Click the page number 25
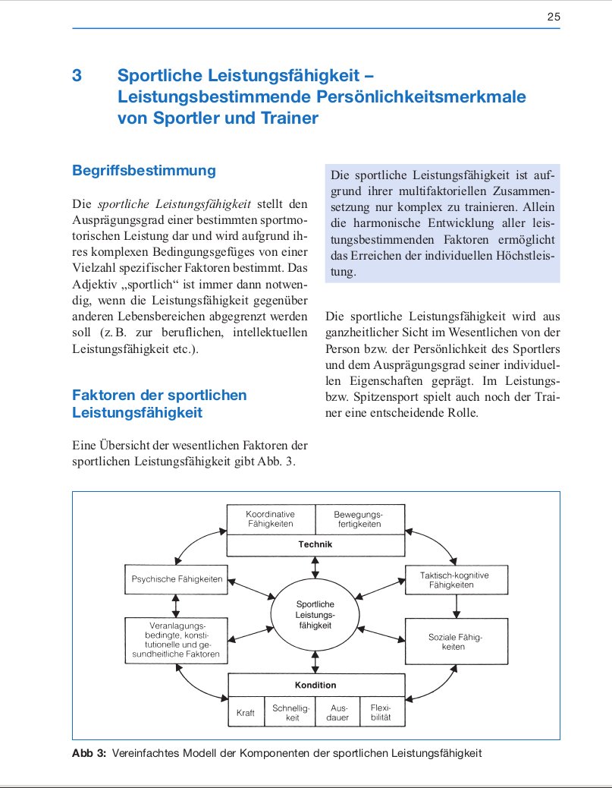(553, 17)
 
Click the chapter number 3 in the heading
(77, 76)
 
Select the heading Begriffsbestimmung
(143, 171)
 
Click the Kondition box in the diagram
(315, 685)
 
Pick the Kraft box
(246, 714)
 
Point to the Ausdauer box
(337, 713)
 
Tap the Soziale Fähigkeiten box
(456, 642)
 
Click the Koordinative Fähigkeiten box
(271, 519)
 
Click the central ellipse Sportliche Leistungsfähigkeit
(315, 614)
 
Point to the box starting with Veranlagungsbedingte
(175, 639)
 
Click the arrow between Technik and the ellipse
(315, 568)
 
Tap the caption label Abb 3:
(89, 753)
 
